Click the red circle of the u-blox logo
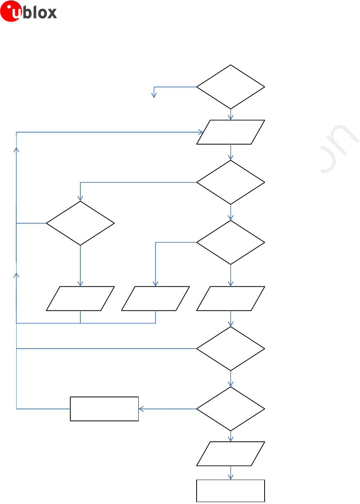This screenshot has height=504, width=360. (x=10, y=11)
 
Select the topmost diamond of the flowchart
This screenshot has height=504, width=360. (x=231, y=87)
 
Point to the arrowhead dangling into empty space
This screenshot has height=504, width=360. (x=154, y=95)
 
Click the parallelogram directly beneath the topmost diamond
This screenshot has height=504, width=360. (x=231, y=132)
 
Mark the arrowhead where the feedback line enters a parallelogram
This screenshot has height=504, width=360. (x=201, y=132)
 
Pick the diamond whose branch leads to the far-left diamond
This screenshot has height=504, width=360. (x=231, y=182)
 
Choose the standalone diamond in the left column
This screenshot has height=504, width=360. (x=80, y=223)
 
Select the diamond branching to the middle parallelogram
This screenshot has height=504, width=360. (x=231, y=243)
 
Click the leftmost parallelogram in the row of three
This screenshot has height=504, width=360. (x=80, y=298)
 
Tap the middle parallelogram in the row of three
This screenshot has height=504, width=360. (x=155, y=298)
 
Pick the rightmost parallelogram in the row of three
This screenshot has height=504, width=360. (x=231, y=298)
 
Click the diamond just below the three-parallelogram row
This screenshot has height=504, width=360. (x=231, y=349)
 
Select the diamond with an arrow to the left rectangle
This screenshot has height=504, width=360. (x=231, y=409)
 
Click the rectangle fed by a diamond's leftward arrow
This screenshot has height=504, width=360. (x=104, y=409)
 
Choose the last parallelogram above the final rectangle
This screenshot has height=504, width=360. (x=231, y=454)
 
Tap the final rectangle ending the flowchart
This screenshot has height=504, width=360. (x=231, y=491)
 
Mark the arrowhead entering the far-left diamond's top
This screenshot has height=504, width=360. (x=80, y=199)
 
